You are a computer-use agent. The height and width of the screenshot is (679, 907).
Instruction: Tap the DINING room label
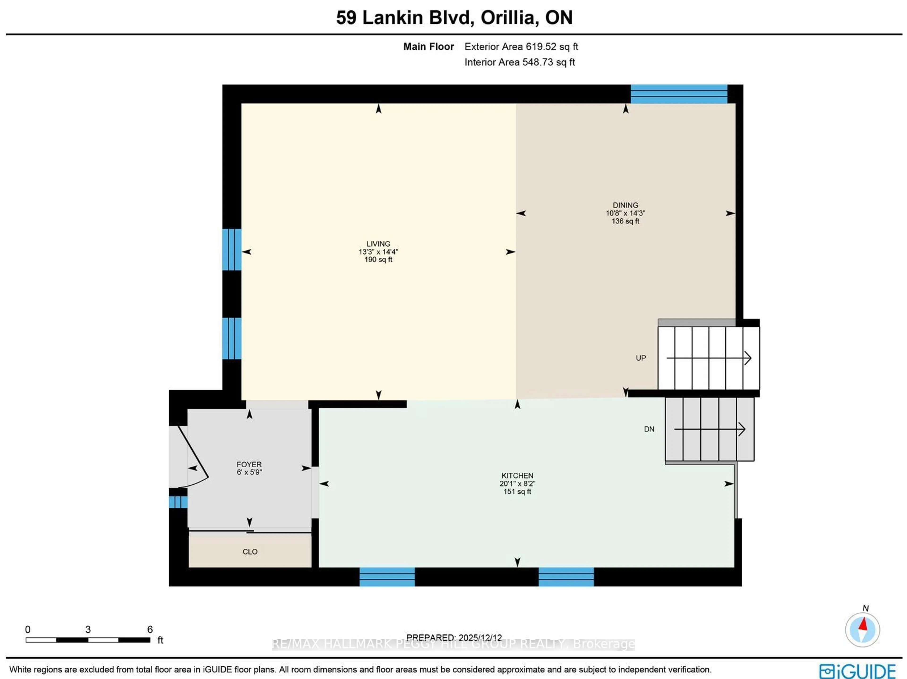(x=625, y=205)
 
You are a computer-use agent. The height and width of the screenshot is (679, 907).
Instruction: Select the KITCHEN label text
(x=517, y=476)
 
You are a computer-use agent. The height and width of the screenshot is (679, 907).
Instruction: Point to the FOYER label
(x=249, y=465)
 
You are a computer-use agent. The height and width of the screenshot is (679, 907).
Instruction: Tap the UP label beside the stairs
(x=641, y=358)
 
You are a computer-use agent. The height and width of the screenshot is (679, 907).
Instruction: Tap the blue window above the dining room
(x=679, y=94)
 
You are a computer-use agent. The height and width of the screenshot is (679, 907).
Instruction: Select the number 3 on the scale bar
(x=88, y=629)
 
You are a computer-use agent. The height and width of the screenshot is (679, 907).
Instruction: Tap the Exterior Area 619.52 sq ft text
(x=521, y=47)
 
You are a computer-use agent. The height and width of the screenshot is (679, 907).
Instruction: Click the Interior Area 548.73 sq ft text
(x=519, y=62)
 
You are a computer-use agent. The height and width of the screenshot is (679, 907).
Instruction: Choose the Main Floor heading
(x=428, y=47)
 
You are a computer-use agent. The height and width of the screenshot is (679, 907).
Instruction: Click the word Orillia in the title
(x=508, y=18)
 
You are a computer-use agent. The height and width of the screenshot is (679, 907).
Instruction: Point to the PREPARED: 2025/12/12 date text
(x=454, y=638)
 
